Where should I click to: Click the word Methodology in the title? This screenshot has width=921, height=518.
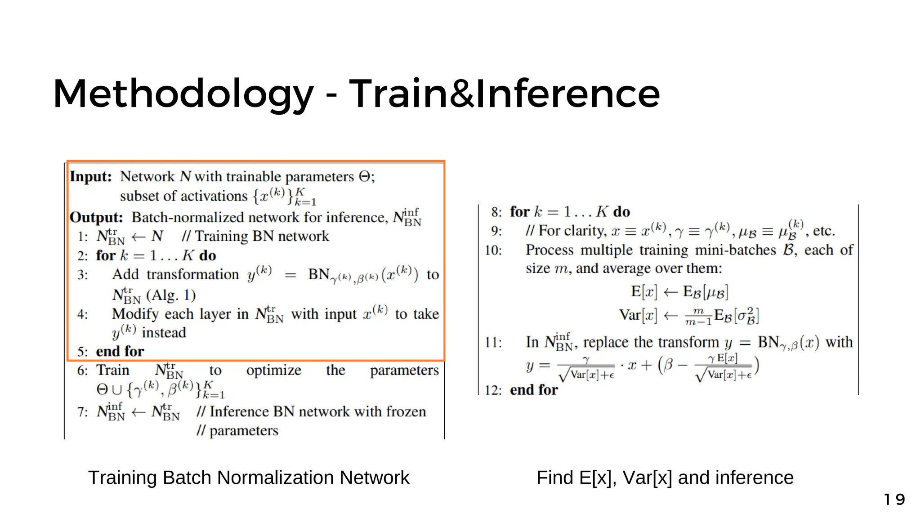click(183, 94)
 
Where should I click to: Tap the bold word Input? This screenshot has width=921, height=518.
click(90, 176)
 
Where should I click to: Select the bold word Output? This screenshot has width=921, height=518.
click(96, 217)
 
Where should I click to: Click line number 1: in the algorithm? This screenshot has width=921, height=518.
click(83, 237)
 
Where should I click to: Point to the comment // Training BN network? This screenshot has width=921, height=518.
click(255, 237)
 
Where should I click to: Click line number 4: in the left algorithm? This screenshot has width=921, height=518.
click(83, 314)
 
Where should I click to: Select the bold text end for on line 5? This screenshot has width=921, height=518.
click(120, 351)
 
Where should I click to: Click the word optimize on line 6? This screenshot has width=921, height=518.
click(273, 370)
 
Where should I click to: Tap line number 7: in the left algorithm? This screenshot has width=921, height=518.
click(83, 412)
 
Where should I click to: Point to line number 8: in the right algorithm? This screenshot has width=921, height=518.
click(496, 212)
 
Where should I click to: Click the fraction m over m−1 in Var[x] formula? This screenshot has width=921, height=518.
click(698, 317)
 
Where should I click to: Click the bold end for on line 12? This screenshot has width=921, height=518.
click(534, 390)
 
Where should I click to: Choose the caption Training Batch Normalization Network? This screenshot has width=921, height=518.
click(249, 478)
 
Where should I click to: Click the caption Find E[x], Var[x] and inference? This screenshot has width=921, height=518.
click(665, 478)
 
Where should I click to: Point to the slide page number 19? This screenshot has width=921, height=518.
click(894, 500)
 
